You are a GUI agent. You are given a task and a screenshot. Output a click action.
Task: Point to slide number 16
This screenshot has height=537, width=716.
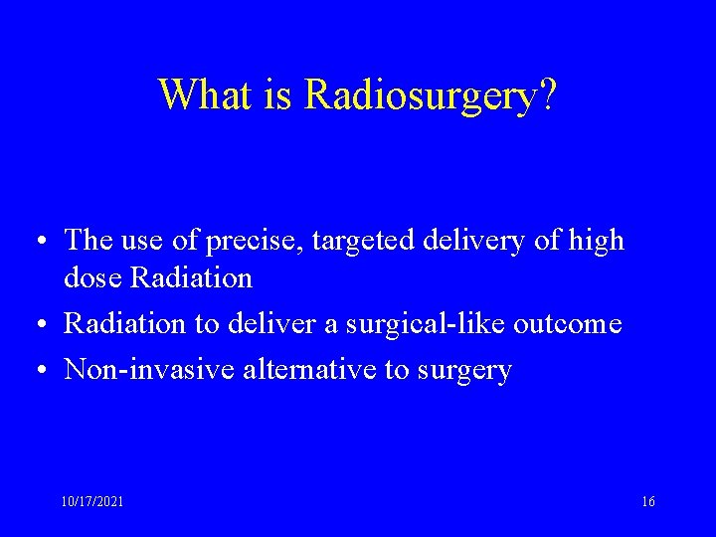(648, 503)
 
